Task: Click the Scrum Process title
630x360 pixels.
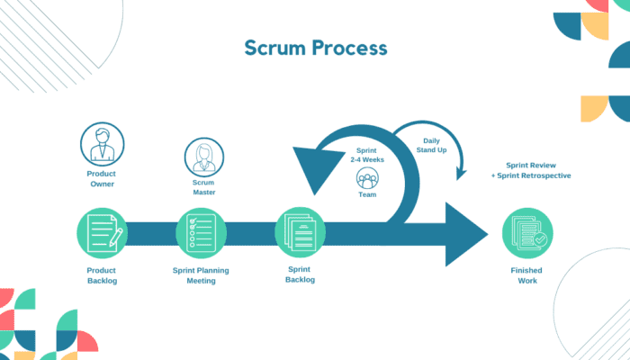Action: point(315,48)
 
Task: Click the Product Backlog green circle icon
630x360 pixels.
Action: point(102,233)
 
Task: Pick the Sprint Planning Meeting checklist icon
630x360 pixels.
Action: point(200,233)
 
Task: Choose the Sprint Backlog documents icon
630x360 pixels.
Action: point(300,233)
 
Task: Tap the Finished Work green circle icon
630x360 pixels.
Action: point(526,233)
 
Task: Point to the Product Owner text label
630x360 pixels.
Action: point(102,180)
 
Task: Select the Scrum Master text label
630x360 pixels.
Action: point(204,187)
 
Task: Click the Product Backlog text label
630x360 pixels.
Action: point(102,274)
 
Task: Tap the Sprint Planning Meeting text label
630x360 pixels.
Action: point(200,274)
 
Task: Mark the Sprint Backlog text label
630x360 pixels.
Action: point(300,274)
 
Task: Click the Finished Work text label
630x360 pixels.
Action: point(526,274)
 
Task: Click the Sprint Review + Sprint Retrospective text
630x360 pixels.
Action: point(532,171)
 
